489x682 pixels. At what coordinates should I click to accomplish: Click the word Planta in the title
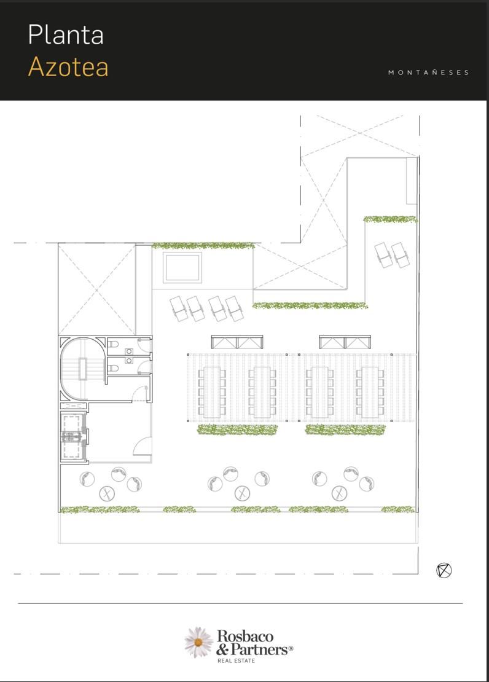point(66,35)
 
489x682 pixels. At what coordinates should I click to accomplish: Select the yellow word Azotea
point(68,67)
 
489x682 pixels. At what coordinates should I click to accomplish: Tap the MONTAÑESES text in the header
point(429,73)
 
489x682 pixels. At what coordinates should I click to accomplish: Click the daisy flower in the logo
point(198,642)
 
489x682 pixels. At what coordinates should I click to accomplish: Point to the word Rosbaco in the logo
point(245,637)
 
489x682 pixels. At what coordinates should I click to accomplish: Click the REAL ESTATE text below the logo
point(237,660)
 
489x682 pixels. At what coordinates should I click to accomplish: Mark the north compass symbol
point(444,570)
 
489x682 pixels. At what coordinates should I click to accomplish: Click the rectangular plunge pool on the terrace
point(182,267)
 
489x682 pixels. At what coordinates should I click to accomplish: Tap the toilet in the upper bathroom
point(113,345)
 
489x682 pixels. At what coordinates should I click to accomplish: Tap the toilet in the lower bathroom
point(113,369)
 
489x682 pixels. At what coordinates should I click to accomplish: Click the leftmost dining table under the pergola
point(212,392)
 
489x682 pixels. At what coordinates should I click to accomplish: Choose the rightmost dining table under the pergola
point(370,392)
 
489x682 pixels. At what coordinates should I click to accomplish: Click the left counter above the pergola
point(237,342)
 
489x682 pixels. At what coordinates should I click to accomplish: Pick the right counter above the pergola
point(345,342)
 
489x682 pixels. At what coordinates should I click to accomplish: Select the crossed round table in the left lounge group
point(107,493)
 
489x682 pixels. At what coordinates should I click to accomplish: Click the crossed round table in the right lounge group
point(339,493)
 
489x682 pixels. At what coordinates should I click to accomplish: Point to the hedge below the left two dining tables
point(238,429)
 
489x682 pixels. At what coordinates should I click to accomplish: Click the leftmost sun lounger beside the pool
point(178,308)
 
